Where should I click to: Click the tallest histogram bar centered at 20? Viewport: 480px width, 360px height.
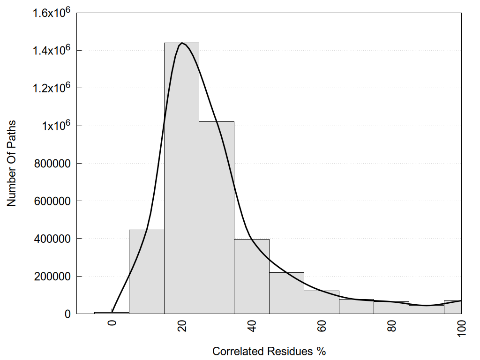181,178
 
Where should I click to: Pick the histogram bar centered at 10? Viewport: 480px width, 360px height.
146,272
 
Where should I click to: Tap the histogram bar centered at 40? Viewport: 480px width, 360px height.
252,277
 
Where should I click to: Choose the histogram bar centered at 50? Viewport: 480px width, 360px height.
286,293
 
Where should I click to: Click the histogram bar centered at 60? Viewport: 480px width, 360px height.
322,302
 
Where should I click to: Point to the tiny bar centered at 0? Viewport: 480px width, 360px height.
112,313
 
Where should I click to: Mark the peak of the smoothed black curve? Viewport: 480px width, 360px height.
182,43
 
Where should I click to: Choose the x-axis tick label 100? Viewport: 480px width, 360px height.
461,328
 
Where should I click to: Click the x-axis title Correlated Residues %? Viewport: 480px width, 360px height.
269,351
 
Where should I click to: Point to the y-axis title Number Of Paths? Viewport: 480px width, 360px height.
12,163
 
